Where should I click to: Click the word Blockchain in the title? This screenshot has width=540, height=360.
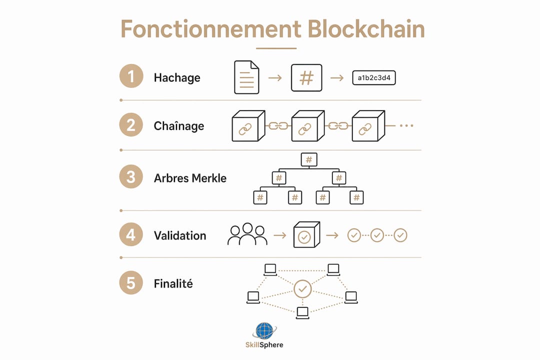366,29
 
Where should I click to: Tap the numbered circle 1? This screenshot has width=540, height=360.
131,76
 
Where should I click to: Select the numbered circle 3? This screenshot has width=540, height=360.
131,176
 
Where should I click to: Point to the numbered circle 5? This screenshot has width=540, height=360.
131,283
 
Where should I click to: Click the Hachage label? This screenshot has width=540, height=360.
177,78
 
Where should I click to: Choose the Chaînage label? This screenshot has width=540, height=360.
178,126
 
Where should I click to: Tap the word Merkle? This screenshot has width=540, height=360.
209,178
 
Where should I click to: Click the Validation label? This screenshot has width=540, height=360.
180,235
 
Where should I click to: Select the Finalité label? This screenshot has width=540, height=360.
173,283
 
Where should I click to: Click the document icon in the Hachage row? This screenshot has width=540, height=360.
246,77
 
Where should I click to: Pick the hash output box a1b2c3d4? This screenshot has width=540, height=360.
374,78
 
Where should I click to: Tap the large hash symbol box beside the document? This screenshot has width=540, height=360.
306,78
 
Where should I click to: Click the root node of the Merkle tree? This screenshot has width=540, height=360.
309,159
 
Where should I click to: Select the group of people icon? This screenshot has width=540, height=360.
247,234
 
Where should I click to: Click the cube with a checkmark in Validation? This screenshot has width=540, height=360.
306,234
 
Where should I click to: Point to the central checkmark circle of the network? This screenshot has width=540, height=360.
302,289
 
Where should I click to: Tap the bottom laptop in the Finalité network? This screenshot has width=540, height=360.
302,313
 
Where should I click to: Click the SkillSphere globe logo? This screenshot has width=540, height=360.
264,330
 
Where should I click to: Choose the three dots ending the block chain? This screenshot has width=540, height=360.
406,125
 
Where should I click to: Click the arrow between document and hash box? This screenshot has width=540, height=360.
275,78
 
